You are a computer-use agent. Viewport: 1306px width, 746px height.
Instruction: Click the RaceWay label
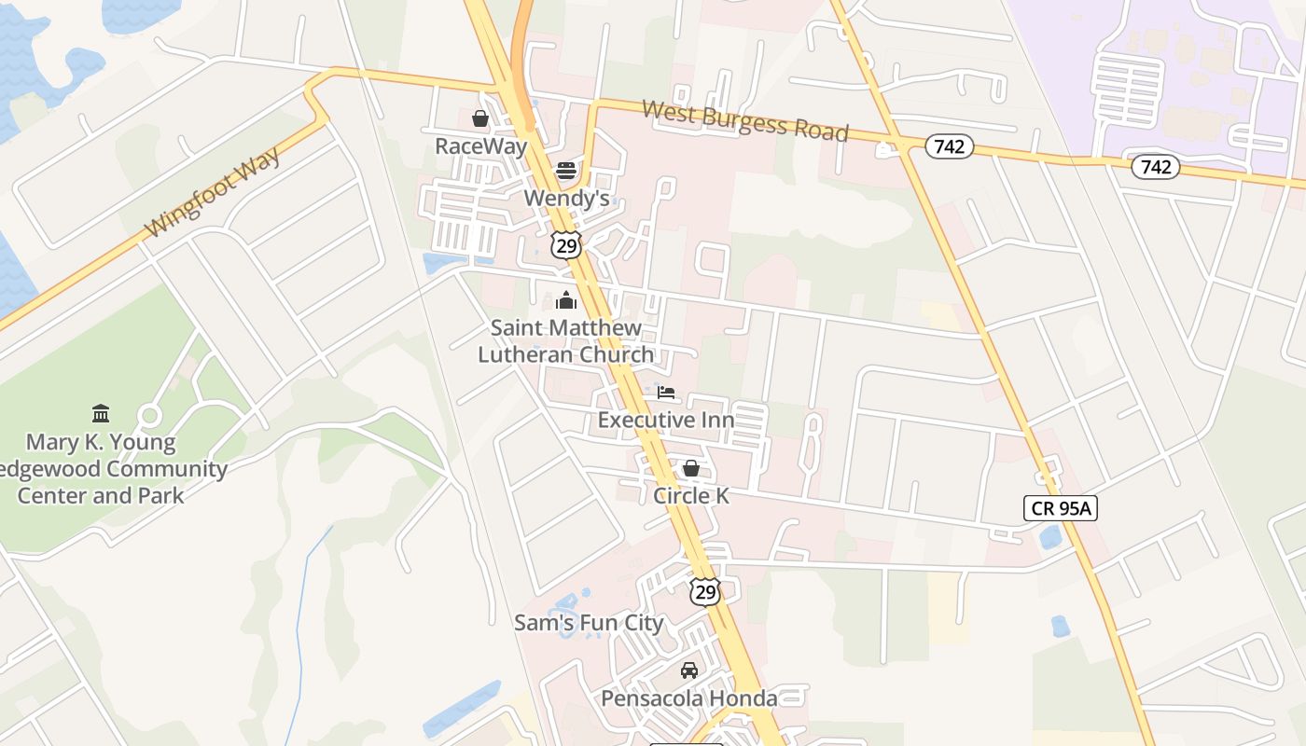click(x=481, y=146)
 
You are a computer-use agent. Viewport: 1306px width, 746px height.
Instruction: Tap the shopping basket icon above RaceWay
click(x=480, y=118)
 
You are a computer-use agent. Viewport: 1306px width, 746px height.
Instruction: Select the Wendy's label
click(x=566, y=198)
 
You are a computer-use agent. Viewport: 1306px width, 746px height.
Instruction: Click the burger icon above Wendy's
click(x=566, y=171)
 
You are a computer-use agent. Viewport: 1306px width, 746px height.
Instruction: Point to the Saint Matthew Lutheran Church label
click(x=566, y=341)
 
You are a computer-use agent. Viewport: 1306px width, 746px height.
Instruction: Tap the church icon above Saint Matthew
click(x=566, y=300)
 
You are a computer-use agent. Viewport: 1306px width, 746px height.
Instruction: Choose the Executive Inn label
click(x=666, y=420)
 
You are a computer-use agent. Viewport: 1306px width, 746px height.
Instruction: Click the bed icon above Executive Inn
click(x=666, y=393)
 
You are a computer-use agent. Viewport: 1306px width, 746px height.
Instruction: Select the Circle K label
click(x=691, y=495)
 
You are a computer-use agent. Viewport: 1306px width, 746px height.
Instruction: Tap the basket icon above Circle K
click(x=691, y=468)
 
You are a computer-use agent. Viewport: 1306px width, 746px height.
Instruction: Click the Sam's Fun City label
click(x=589, y=623)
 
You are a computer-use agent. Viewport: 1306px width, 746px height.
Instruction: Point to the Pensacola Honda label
click(x=689, y=698)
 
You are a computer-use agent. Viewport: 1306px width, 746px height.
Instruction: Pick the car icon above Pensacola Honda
click(x=689, y=670)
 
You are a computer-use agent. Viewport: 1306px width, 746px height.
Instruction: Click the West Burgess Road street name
click(x=745, y=120)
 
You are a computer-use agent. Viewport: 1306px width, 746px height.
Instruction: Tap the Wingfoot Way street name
click(x=213, y=191)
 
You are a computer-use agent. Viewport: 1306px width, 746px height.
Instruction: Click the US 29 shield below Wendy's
click(x=566, y=245)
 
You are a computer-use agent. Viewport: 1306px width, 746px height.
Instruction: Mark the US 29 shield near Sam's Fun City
click(x=705, y=590)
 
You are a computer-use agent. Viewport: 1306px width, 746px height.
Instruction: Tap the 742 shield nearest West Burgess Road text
click(x=950, y=145)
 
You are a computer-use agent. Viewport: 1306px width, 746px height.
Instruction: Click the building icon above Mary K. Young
click(x=101, y=413)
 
